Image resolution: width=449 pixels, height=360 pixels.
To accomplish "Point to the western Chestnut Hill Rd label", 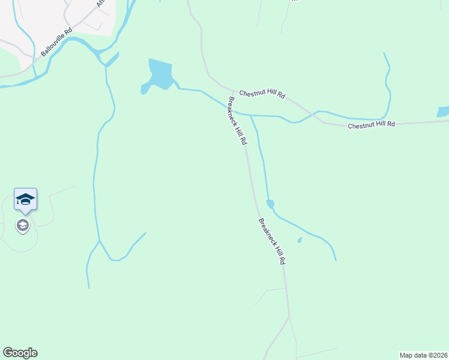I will [262, 94].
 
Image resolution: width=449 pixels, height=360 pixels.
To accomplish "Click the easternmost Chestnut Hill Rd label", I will [372, 124].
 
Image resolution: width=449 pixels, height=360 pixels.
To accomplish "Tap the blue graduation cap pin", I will [25, 199].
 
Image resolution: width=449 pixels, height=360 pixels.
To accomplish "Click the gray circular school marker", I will [23, 226].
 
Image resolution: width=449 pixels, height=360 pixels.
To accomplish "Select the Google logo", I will [20, 353].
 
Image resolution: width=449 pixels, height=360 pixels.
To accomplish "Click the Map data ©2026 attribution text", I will [424, 355].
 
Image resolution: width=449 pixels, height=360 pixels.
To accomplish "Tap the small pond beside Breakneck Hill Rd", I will [270, 204].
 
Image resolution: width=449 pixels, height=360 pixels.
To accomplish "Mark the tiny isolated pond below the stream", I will [299, 241].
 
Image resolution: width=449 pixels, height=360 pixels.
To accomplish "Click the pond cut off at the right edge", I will [444, 112].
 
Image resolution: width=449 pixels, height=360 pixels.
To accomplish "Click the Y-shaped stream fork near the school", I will [100, 241].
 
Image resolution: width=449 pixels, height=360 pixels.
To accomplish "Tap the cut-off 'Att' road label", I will [100, 4].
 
